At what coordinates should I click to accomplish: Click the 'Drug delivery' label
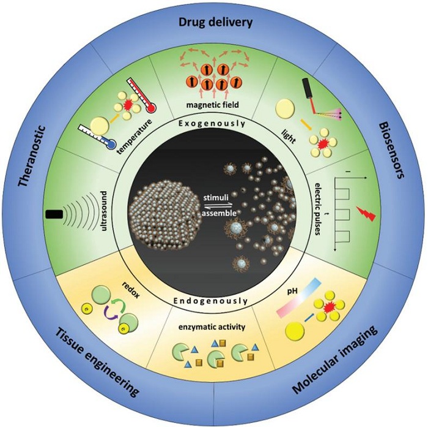click(215, 23)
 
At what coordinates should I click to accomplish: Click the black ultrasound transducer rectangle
click(54, 214)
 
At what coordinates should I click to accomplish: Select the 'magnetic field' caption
click(213, 105)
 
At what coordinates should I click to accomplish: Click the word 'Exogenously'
click(212, 124)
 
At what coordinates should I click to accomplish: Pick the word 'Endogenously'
click(211, 301)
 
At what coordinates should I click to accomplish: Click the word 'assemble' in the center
click(219, 213)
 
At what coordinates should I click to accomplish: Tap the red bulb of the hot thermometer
click(152, 108)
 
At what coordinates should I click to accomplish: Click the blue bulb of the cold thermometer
click(110, 146)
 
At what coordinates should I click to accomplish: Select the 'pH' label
click(292, 292)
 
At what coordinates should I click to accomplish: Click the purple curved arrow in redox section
click(111, 314)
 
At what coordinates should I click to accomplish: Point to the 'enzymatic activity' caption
click(212, 327)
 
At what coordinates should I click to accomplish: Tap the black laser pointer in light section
click(306, 89)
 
